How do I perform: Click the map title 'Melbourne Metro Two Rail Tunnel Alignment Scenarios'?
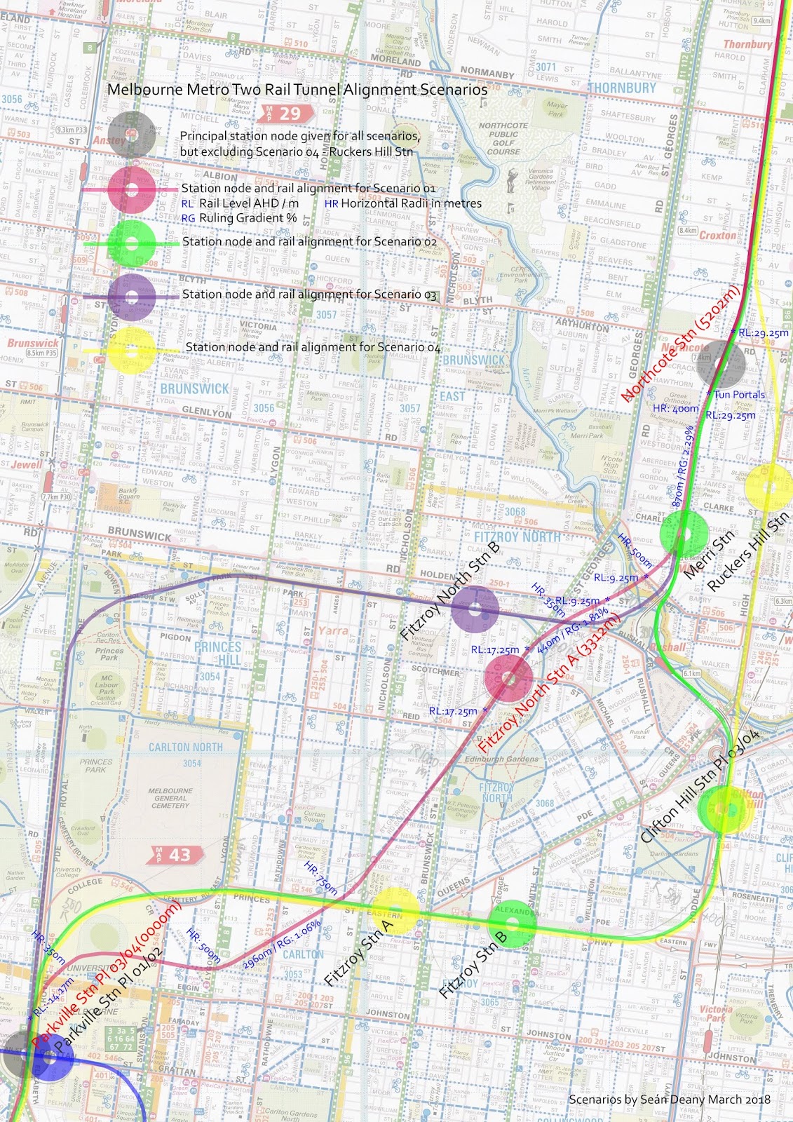tap(297, 90)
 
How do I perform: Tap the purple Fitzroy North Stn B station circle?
tap(475, 609)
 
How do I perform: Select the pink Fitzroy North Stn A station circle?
tap(508, 677)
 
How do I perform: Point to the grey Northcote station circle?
tap(723, 363)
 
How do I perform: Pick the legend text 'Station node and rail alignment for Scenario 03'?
tap(309, 295)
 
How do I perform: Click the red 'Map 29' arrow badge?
tap(283, 114)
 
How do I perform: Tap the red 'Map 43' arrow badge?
tap(175, 854)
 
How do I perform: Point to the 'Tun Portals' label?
tap(739, 395)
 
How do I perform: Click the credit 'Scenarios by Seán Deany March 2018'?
tap(669, 1099)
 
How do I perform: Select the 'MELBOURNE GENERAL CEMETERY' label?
tap(170, 798)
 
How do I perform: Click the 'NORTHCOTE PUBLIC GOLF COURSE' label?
tap(503, 138)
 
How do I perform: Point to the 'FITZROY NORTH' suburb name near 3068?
tap(517, 536)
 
